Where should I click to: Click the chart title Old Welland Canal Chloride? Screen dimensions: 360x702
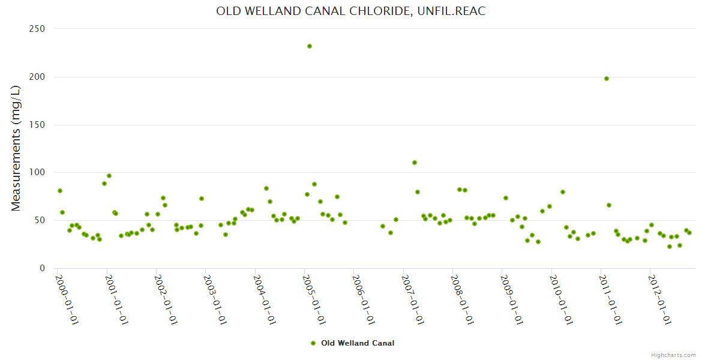[x=350, y=11]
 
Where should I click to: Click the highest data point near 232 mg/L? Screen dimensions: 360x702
[x=310, y=46]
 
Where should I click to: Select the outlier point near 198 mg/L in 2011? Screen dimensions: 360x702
[x=607, y=79]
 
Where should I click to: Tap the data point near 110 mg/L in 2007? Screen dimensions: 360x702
[x=415, y=163]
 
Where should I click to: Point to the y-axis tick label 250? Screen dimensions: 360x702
[x=38, y=29]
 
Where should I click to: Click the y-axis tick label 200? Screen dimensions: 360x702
[x=38, y=77]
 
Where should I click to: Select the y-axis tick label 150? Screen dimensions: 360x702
[x=38, y=125]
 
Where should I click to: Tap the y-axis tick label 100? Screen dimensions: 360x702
[x=38, y=173]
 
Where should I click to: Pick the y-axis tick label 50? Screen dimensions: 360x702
[x=40, y=221]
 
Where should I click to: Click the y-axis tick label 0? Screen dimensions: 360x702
[x=43, y=269]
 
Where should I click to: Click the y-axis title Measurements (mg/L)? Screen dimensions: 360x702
[x=16, y=148]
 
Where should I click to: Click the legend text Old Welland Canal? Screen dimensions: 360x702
[x=358, y=343]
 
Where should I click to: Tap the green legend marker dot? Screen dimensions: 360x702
[x=313, y=343]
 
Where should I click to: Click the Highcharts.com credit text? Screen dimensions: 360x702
[x=673, y=355]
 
